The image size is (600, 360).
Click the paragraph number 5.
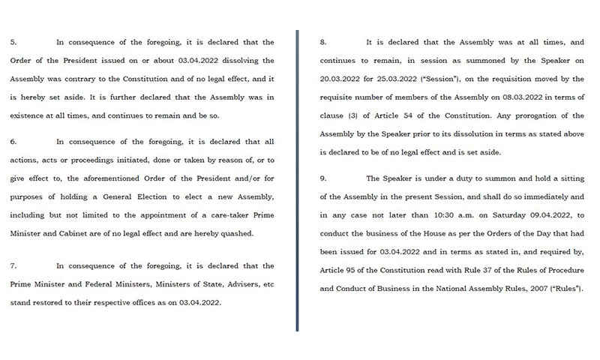13,42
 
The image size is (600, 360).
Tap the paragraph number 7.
13,266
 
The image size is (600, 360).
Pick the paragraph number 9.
322,178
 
